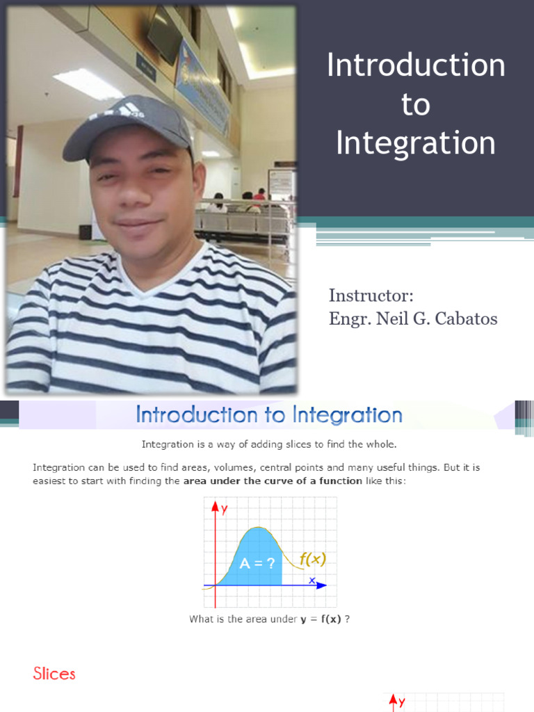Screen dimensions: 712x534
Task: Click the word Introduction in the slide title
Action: tap(416, 66)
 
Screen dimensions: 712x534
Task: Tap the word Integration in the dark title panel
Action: tap(416, 143)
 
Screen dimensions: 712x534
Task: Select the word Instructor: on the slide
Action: tap(371, 296)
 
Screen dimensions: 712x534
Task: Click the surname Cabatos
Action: tap(463, 319)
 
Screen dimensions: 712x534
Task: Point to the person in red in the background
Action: tap(260, 194)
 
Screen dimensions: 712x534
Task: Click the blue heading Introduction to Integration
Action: tap(269, 415)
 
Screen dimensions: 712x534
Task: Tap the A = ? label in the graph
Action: tap(257, 564)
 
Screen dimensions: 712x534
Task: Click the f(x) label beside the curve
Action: tap(313, 558)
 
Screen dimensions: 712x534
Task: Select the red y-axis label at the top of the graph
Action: tap(225, 509)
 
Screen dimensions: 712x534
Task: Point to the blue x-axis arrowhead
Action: tap(321, 585)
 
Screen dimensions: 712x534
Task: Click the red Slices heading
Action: tap(54, 674)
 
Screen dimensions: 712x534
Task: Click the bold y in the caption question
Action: tap(303, 619)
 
